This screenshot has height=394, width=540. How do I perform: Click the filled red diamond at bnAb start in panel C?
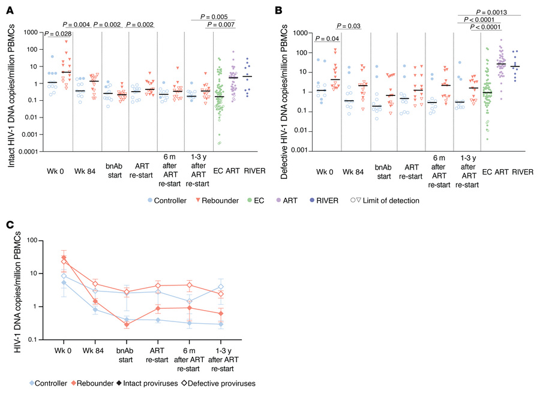[x=127, y=324]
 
